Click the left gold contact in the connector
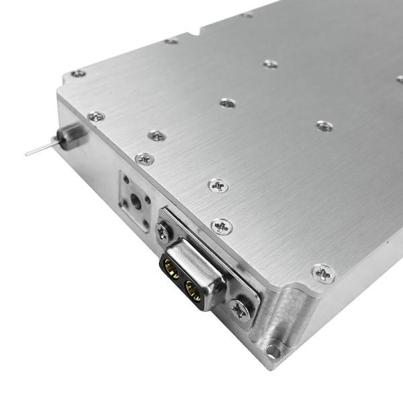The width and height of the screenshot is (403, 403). (172, 271)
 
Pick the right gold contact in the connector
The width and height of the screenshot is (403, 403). (193, 290)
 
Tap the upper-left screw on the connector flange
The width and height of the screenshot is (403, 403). (163, 232)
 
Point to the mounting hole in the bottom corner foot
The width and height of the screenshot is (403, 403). (271, 350)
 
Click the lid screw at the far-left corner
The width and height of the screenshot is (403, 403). (79, 73)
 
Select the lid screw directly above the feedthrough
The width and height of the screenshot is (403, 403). (96, 117)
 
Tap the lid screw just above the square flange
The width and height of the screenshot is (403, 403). (144, 159)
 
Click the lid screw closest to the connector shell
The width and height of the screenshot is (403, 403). (222, 226)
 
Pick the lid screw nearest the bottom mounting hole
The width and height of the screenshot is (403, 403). (324, 273)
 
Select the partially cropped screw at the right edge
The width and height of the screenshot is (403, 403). (400, 79)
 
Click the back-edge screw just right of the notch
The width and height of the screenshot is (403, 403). (247, 15)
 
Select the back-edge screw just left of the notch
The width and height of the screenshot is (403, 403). (171, 42)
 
